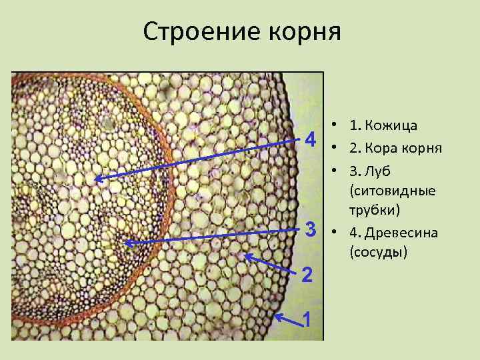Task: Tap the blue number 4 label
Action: point(309,141)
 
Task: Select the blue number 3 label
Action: point(309,230)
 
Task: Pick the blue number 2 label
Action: point(306,274)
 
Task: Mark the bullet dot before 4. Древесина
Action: point(331,233)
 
